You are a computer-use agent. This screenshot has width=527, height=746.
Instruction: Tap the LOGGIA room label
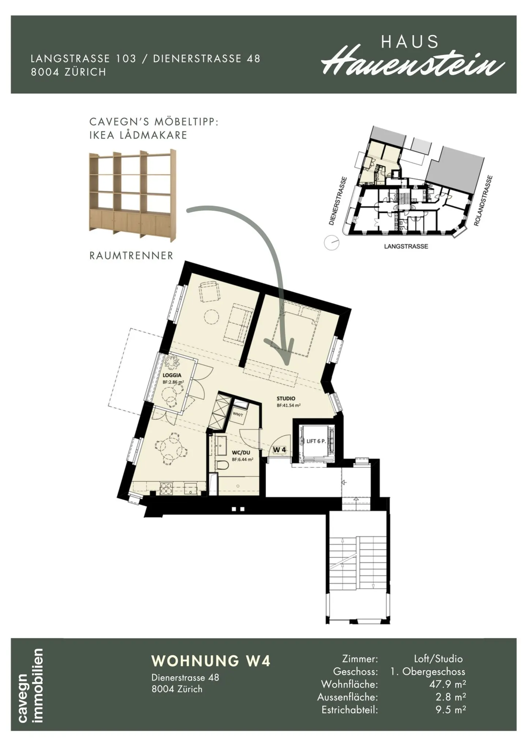point(172,375)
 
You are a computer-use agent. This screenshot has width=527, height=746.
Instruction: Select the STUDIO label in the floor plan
point(286,398)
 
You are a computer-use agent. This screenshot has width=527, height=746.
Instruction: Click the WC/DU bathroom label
point(241,453)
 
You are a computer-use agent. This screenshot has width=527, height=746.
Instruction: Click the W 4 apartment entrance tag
point(279,450)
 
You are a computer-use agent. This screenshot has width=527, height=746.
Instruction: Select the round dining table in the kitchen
point(171,447)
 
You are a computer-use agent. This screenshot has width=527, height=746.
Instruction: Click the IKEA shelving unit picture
point(132,196)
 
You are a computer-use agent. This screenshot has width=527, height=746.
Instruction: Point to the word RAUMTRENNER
point(131,256)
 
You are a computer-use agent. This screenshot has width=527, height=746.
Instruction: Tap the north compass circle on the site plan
point(332,243)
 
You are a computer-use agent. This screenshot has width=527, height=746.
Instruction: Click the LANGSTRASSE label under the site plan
point(406,247)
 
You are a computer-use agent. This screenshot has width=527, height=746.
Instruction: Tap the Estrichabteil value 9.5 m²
point(451,710)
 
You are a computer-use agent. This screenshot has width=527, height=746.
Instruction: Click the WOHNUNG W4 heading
point(211,661)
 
